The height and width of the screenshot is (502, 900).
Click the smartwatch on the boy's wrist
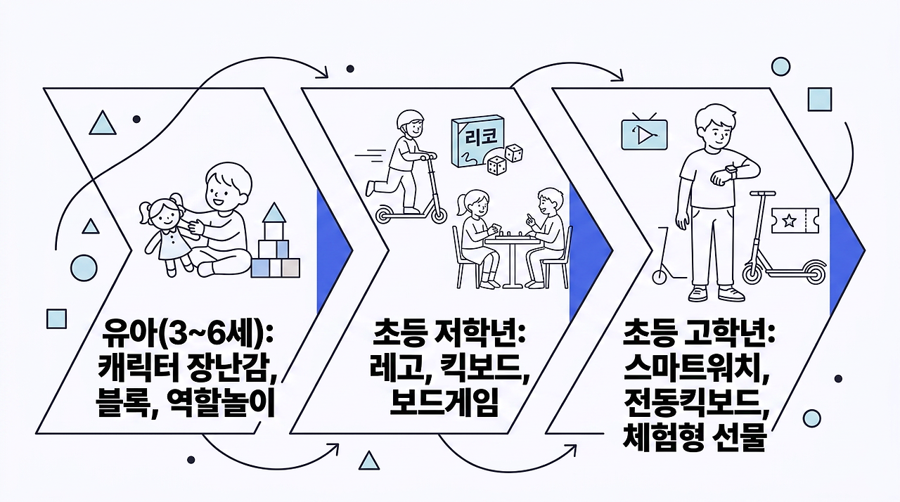[x=731, y=169]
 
